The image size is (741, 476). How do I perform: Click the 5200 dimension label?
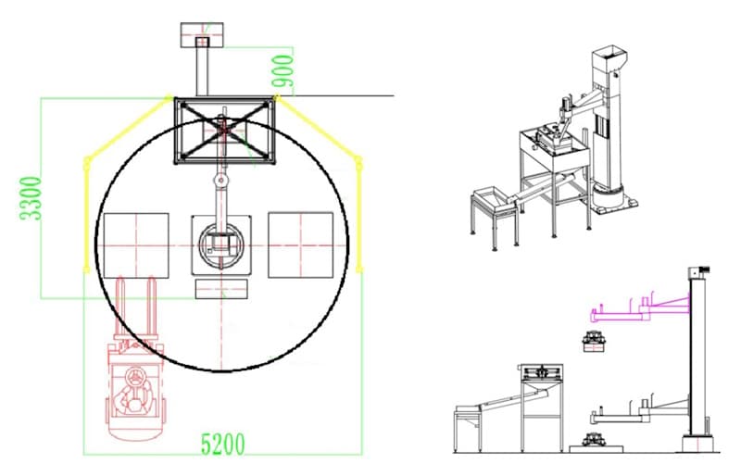[x=223, y=445]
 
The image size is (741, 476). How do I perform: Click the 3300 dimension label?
[x=31, y=198]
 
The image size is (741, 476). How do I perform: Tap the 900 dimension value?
[x=283, y=71]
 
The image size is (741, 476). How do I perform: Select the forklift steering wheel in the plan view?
[x=135, y=377]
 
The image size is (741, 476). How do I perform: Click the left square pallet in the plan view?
[x=136, y=245]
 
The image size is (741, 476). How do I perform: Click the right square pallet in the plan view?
[x=300, y=244]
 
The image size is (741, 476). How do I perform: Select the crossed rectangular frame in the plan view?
[x=224, y=131]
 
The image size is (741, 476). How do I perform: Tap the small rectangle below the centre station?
[x=221, y=289]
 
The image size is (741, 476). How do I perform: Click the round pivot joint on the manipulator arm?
[x=220, y=180]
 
